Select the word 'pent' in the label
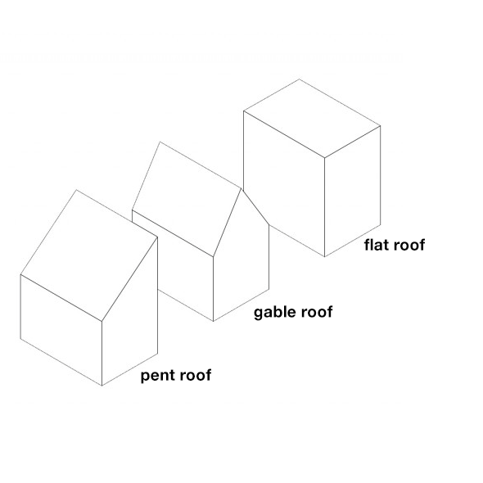tap(156, 376)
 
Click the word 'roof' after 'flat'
tap(408, 245)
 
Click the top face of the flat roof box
tap(312, 119)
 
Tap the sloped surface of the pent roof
tap(89, 255)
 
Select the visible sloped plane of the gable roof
tap(187, 200)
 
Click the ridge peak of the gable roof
tap(241, 188)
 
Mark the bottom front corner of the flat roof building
tap(325, 256)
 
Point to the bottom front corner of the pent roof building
tap(102, 386)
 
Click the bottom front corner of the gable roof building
tap(213, 321)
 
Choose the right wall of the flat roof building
tap(353, 191)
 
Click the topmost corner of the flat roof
tap(299, 79)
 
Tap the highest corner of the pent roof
tap(76, 190)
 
